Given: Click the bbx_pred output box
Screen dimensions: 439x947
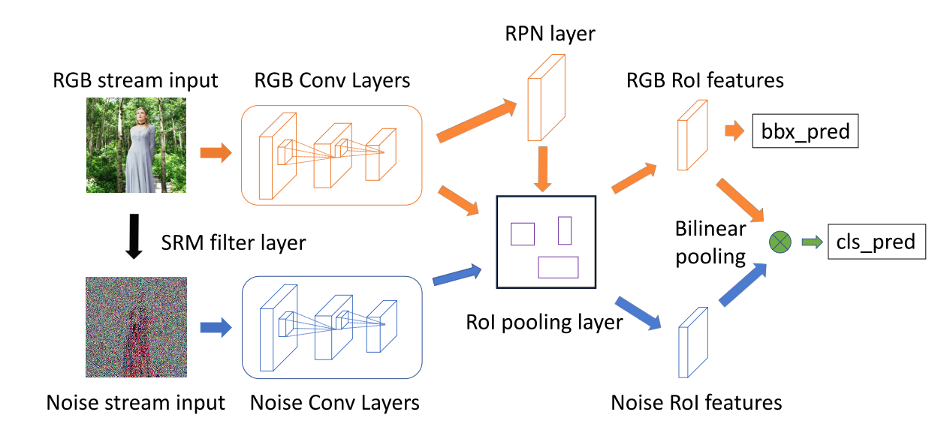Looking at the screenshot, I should coord(804,132).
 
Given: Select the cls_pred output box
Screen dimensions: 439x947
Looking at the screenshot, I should coord(876,242).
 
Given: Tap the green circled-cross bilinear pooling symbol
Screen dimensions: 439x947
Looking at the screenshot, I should coord(780,242).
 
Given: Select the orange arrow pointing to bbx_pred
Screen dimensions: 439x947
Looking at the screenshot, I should coord(733,132).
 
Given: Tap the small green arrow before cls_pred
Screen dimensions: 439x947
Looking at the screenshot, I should coord(810,242).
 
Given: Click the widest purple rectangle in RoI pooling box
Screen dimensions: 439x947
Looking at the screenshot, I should coord(558,268).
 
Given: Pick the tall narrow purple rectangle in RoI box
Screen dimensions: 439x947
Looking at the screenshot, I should coord(565,230).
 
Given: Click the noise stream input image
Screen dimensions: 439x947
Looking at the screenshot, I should coord(136,326).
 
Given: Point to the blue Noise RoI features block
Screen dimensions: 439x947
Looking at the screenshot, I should coord(693,341).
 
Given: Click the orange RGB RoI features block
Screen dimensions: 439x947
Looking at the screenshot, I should coord(692,135).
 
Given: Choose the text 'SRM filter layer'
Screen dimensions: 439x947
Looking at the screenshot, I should coord(234,243).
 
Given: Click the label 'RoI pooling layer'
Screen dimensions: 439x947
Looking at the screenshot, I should coord(544,322).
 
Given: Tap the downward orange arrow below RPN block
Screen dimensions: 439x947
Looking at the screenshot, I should coord(546,168).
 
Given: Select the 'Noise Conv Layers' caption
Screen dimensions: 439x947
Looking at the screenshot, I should coord(335,402).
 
